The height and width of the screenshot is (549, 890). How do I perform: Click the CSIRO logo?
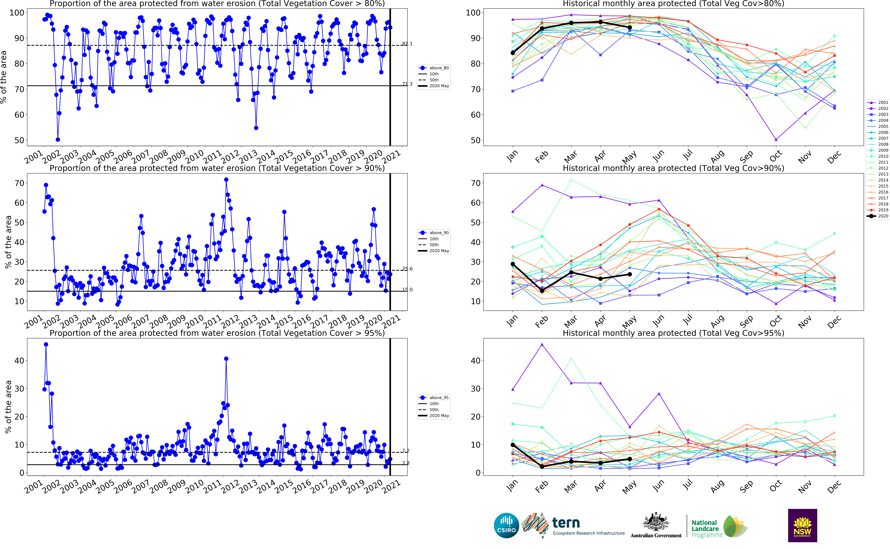coord(506,525)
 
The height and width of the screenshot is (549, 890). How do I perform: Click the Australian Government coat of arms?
coord(656,523)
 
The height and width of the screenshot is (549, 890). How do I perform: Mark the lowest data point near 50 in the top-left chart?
coord(58,139)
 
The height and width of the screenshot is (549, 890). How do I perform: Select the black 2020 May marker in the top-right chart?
coord(630,28)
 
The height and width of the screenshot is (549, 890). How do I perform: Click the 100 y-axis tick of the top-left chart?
coord(17,13)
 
